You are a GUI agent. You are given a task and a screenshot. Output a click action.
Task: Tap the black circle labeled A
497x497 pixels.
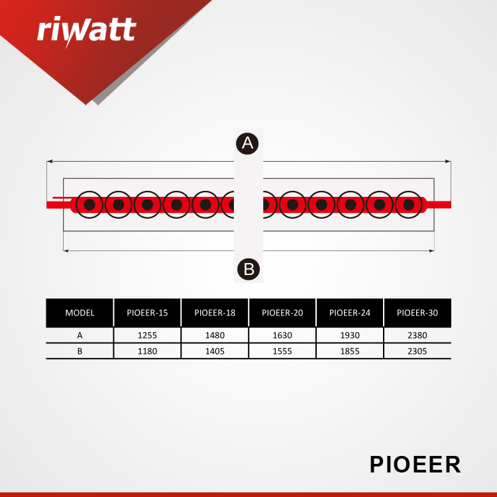[x=247, y=144]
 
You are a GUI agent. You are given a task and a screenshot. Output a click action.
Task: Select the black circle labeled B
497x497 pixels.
[x=248, y=269]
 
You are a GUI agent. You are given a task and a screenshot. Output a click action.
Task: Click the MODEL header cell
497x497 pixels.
[x=80, y=313]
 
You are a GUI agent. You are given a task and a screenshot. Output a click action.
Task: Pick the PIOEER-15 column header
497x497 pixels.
[x=147, y=313]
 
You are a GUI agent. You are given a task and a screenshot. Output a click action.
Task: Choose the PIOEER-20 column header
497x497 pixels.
[x=282, y=313]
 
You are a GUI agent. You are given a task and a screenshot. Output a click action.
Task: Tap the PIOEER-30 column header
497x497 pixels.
[x=417, y=313]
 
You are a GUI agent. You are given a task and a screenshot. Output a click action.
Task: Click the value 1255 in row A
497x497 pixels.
[x=147, y=335]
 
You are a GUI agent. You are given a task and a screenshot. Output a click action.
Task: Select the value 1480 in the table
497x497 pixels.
[x=215, y=335]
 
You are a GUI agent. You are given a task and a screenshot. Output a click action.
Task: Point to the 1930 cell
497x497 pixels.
[x=350, y=335]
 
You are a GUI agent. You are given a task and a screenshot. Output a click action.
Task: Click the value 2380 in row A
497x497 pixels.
[x=417, y=335]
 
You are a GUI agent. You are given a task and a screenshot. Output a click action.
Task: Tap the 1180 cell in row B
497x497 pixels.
[x=147, y=351]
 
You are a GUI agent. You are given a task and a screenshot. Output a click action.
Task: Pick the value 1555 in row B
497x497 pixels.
[x=282, y=351]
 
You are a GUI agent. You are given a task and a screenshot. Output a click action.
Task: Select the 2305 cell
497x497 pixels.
[x=417, y=351]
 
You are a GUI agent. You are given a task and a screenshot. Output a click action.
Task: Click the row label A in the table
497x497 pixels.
[x=80, y=335]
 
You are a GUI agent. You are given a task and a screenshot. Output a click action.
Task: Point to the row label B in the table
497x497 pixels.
[x=80, y=351]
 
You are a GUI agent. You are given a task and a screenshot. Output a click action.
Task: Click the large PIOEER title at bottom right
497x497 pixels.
[x=415, y=465]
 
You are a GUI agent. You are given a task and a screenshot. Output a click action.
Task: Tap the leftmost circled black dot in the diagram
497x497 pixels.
[x=89, y=205]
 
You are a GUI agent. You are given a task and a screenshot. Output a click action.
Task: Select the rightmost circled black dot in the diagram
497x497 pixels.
[x=408, y=205]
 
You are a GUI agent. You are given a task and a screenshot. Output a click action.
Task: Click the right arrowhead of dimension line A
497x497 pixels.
[x=448, y=161]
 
